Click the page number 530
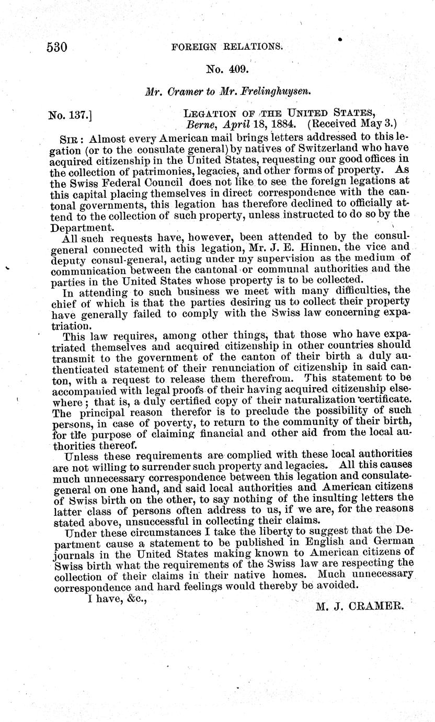(x=56, y=47)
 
